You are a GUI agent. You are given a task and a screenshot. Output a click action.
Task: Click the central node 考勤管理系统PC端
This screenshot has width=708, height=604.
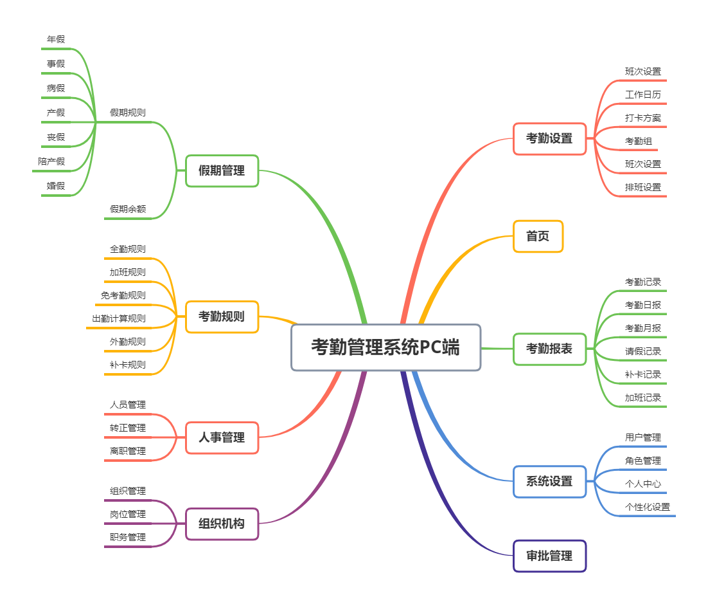coord(385,347)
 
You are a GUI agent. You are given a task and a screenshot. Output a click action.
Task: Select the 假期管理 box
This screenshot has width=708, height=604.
coord(222,170)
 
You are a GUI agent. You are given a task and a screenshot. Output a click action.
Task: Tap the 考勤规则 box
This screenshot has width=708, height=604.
coord(222,316)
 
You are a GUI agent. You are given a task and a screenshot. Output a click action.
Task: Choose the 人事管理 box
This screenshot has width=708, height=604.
coord(222,437)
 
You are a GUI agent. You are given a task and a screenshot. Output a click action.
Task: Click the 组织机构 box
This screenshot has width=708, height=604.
coord(222,524)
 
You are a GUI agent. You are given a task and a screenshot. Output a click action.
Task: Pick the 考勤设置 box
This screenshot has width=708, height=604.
coord(549,138)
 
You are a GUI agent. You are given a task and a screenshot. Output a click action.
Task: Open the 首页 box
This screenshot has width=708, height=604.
coord(538,236)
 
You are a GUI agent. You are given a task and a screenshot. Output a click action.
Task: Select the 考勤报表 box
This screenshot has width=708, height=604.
coord(549,349)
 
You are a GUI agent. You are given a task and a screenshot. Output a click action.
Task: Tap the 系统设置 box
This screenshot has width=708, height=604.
coord(549,482)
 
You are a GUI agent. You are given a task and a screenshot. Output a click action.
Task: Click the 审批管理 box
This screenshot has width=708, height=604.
coord(549,556)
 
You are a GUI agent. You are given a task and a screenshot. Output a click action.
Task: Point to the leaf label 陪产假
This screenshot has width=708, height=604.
coord(51,161)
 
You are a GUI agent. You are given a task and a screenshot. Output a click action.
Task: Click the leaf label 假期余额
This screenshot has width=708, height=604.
coord(128,209)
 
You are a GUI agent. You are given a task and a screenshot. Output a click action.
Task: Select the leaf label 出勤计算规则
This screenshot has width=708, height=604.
coord(119,318)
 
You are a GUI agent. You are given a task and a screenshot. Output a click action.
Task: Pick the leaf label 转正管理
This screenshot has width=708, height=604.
coord(128,428)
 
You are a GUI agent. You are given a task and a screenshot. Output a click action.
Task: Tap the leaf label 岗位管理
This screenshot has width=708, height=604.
coord(128,514)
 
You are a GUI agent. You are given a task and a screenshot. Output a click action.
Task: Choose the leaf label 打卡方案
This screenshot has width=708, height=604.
coord(643,118)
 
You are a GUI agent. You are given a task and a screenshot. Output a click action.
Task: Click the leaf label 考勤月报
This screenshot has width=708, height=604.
coord(643,328)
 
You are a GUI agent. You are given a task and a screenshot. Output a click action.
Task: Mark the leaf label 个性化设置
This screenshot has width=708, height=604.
coord(648,507)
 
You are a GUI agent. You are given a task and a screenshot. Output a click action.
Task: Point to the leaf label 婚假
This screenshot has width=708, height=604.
coord(56,186)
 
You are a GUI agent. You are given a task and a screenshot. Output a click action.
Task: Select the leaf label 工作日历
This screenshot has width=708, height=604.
coord(643,95)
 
